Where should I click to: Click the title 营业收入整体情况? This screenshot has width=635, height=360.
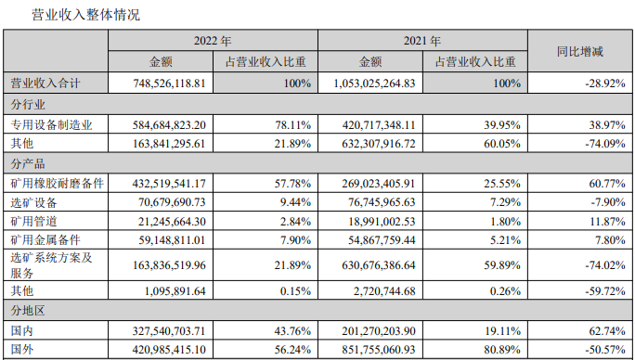click(x=85, y=15)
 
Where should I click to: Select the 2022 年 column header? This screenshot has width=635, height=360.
click(x=213, y=41)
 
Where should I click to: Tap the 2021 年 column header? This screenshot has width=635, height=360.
click(x=422, y=41)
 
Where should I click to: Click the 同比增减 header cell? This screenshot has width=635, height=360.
click(x=580, y=51)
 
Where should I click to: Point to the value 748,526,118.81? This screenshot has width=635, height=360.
click(x=169, y=84)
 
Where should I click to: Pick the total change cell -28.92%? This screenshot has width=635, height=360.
click(x=605, y=84)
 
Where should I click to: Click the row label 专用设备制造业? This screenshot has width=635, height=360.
click(x=51, y=124)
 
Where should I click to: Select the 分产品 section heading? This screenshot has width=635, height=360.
click(x=28, y=163)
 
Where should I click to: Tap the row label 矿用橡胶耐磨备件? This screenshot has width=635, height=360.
click(x=58, y=184)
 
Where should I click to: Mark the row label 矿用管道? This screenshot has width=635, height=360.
click(x=33, y=221)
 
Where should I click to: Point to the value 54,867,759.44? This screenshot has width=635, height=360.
click(x=382, y=240)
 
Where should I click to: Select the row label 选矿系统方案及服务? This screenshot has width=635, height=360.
click(x=51, y=264)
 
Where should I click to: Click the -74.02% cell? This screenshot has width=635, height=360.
click(x=605, y=265)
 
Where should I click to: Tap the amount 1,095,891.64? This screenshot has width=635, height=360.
click(x=175, y=291)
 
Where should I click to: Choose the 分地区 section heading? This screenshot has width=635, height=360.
click(x=28, y=311)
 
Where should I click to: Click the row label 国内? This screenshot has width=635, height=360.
click(x=22, y=331)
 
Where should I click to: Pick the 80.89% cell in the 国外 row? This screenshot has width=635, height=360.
click(x=502, y=350)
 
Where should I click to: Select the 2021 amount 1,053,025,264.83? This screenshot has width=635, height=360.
click(x=375, y=84)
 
